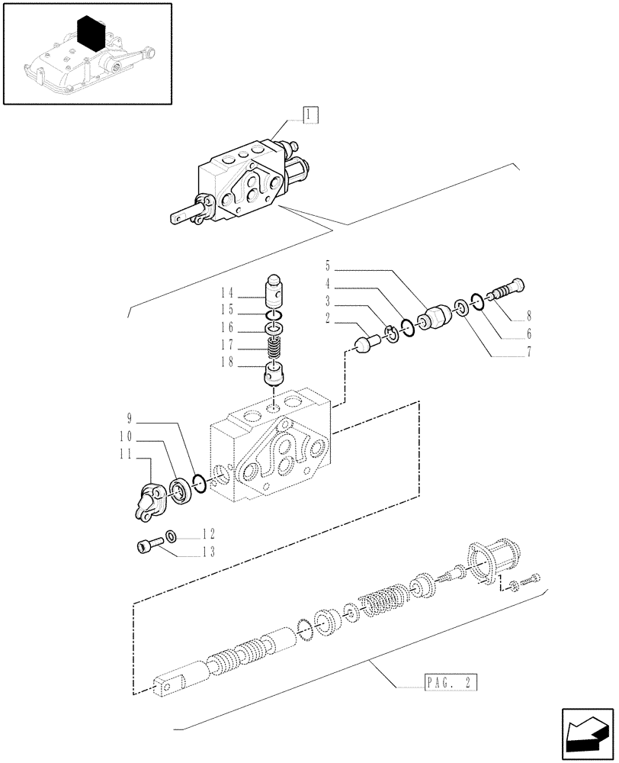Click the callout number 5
coord(328,267)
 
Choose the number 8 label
coord(528,315)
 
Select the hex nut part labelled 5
coord(436,315)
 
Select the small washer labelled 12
coord(172,536)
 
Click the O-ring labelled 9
coord(197,482)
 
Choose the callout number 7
coord(528,353)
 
